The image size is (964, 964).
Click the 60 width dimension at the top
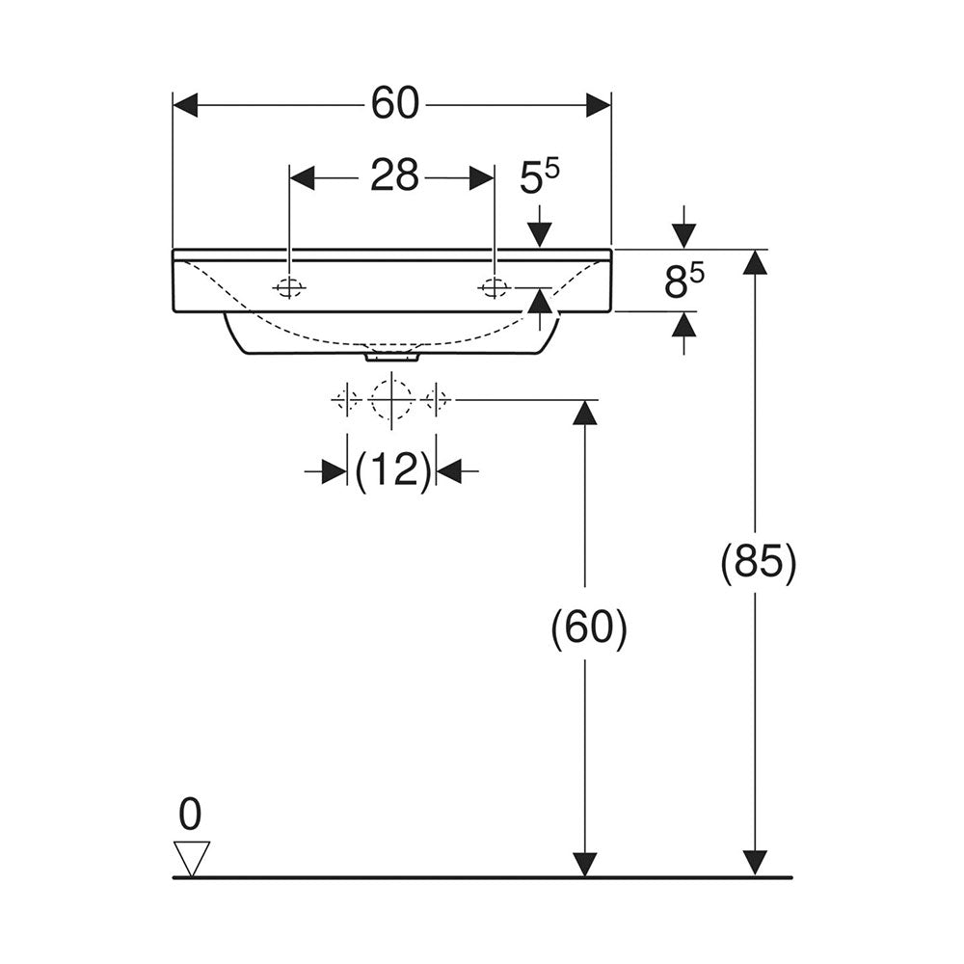(395, 104)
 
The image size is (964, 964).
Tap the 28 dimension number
(394, 175)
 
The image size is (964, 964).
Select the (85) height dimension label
(758, 561)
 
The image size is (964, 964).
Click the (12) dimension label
(393, 471)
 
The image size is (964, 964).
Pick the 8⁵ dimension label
(683, 281)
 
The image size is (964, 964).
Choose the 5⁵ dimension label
(539, 177)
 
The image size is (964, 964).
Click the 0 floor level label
(190, 814)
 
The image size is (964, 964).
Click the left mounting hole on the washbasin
(288, 287)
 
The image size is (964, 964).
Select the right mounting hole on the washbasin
(494, 287)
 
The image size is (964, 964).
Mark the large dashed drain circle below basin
(391, 400)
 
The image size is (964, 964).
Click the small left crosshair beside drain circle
(347, 400)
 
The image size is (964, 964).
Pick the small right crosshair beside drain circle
(436, 400)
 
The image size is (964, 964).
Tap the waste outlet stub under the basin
(392, 357)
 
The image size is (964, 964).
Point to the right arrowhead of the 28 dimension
(481, 177)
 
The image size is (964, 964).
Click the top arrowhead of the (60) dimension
(585, 412)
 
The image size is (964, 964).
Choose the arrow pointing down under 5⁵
(539, 228)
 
